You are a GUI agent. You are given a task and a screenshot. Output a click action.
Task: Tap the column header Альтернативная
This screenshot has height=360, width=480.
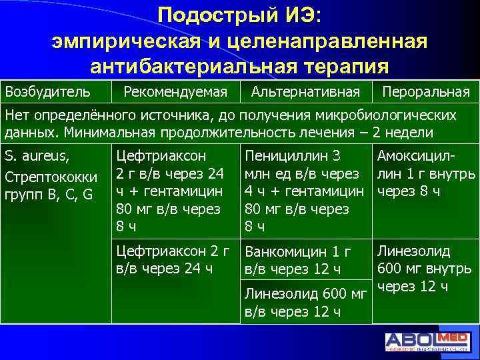pos(307,91)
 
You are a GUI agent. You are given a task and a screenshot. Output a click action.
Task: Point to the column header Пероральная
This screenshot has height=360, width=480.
pos(425,91)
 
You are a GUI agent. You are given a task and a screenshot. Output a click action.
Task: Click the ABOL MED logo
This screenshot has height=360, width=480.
pos(430,341)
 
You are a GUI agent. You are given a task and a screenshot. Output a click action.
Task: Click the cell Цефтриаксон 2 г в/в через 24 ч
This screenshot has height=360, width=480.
pos(173,260)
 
